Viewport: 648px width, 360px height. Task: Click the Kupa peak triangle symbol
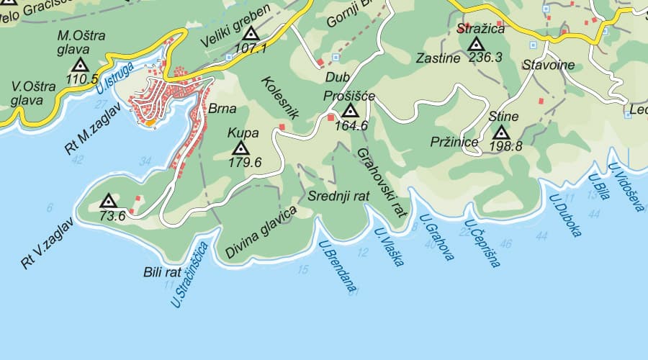point(241,148)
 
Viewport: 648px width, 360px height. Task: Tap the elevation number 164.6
point(351,125)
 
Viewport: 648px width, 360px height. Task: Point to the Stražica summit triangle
point(475,44)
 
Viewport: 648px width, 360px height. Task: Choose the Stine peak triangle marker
point(502,132)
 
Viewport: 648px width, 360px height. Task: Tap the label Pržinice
point(455,142)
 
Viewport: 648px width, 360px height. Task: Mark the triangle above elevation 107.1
point(251,34)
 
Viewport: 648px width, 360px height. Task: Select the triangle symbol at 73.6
point(108,201)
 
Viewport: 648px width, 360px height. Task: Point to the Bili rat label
point(162,272)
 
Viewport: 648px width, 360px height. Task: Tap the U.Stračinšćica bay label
point(190,276)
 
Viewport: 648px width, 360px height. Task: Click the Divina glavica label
point(261,233)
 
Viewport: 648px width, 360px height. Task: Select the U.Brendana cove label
point(338,266)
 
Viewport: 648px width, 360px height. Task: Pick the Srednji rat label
point(338,196)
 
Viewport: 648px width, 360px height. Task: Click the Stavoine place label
point(548,65)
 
